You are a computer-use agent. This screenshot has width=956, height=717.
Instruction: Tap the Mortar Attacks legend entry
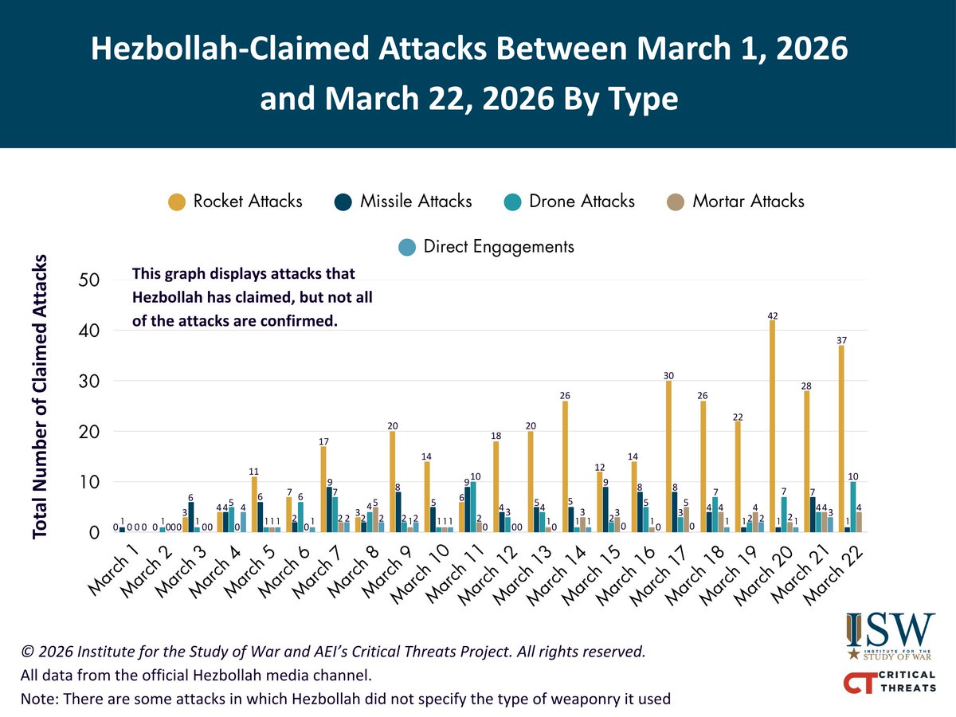click(735, 201)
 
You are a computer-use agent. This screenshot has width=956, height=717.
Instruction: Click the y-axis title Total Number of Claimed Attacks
click(41, 398)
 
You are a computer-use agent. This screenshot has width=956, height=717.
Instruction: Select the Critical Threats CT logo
click(891, 682)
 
